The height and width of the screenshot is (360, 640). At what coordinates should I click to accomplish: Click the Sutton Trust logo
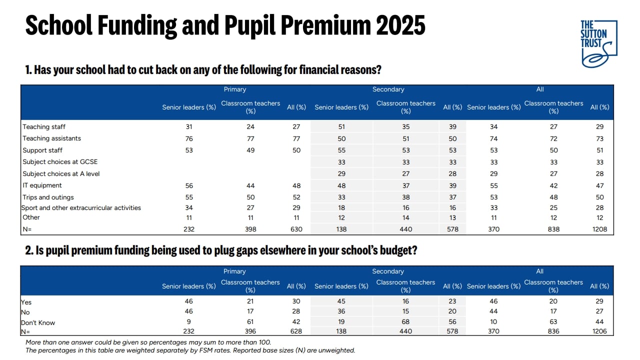pos(598,43)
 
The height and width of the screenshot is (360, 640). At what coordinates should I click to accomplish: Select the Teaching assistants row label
pos(51,138)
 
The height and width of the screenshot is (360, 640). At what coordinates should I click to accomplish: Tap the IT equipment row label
pos(42,185)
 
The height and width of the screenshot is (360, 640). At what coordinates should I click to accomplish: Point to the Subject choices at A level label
pos(61,173)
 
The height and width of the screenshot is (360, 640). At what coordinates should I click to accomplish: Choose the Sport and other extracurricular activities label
pos(81,207)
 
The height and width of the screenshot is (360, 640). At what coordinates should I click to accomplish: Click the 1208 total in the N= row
pos(599,229)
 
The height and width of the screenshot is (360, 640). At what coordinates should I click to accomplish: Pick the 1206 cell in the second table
pos(599,331)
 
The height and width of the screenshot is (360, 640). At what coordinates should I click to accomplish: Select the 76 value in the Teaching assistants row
pos(189,138)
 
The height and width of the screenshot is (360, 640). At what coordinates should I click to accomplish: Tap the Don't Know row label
pos(37,322)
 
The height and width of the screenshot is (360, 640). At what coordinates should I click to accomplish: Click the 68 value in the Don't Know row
pos(405,321)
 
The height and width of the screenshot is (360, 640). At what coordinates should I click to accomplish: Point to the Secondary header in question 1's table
pos(388,89)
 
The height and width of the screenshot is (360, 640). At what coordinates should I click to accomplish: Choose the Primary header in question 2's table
pos(234,271)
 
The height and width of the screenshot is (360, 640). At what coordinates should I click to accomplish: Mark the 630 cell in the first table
pos(296,229)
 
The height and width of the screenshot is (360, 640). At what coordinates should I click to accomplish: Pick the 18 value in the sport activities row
pos(341,207)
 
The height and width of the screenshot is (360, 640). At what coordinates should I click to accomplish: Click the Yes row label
pos(26,302)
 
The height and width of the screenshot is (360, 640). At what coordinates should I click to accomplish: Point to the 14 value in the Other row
pos(405,217)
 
